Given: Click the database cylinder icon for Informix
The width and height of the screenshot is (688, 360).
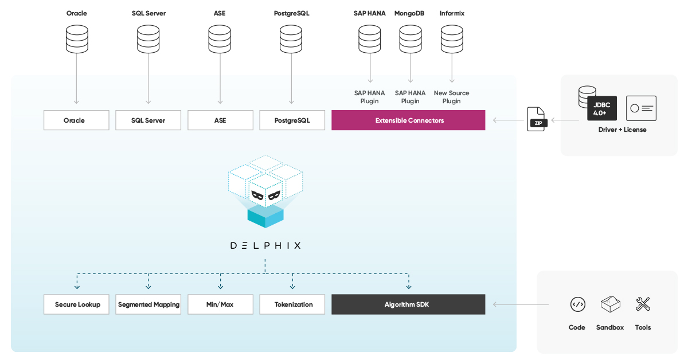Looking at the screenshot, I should point(452,39).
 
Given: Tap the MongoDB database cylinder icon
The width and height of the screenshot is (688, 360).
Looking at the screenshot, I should point(410,39).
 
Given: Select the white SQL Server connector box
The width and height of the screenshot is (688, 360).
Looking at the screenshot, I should point(148,120).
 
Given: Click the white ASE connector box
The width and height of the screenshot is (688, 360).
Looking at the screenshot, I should point(220,120).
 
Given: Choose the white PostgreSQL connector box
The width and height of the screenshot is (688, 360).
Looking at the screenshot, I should point(292,120).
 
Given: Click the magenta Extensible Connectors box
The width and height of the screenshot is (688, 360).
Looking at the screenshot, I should point(408,120).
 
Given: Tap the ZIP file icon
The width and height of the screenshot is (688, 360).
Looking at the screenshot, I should point(537,119).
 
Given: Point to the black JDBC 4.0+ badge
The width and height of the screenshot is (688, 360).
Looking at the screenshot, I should point(602,108).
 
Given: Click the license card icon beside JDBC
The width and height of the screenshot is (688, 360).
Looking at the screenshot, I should point(641,108).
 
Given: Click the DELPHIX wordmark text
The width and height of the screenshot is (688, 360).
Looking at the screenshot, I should point(265,245).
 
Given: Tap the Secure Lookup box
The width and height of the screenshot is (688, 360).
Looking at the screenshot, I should point(77,304).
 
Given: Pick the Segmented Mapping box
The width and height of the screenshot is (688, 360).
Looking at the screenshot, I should point(148,304).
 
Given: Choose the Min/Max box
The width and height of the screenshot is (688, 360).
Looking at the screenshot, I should point(220,304).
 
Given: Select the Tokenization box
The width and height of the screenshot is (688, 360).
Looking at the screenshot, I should point(292,304).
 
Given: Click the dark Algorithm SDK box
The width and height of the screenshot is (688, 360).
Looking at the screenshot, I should point(408,304).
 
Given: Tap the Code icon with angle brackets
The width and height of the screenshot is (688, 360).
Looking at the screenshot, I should point(577,304).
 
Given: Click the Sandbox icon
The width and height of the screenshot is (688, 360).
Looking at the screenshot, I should point(610,304).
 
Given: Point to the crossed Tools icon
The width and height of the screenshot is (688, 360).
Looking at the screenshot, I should point(643,304).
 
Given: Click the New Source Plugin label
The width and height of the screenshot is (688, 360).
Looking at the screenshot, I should point(451,97).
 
